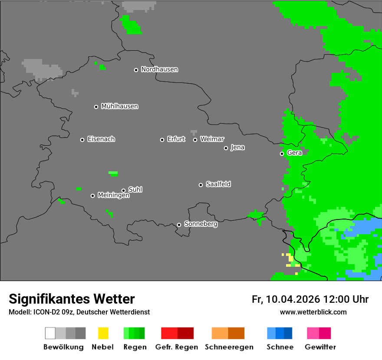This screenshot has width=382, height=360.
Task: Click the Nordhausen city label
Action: click(159, 69)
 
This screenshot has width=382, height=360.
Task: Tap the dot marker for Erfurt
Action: click(162, 140)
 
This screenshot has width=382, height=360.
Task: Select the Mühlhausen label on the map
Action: click(119, 106)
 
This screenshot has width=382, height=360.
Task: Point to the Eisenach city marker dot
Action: click(82, 140)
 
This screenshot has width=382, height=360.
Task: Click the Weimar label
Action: click(212, 139)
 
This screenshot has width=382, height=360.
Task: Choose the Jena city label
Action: click(237, 147)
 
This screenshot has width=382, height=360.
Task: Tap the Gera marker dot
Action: click(282, 154)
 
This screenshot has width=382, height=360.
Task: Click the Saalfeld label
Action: click(218, 184)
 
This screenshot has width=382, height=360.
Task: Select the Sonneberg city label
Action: click(201, 224)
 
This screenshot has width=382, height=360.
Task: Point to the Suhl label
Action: click(135, 190)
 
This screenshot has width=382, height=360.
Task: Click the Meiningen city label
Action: click(113, 196)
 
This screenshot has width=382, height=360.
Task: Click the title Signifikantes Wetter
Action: click(72, 299)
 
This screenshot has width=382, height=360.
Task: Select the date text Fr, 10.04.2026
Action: click(286, 299)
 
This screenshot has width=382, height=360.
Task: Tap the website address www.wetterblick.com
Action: click(313, 312)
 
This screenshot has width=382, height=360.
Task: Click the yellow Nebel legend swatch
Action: click(103, 333)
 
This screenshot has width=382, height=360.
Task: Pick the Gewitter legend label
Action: click(320, 347)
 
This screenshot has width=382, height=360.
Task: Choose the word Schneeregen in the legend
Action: click(229, 347)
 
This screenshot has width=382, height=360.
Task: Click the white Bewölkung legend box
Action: click(50, 333)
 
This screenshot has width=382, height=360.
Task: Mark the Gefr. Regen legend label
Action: click(176, 347)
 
